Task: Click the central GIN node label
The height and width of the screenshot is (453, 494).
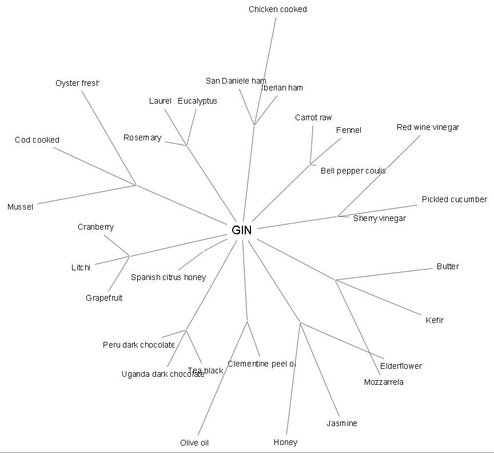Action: coord(242,230)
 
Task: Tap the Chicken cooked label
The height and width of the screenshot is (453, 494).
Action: coord(277,9)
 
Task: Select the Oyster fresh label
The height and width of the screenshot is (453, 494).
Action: coord(77,83)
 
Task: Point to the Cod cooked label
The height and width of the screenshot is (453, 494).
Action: coord(37,140)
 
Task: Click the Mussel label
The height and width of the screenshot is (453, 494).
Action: coord(20,207)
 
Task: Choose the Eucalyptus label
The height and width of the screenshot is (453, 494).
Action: coord(197,101)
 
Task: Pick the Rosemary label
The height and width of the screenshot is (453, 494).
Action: coord(142,137)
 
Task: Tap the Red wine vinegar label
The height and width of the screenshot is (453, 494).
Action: coord(428,127)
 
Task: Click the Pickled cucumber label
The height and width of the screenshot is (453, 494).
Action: coord(454,199)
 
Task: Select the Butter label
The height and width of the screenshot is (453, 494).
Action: coord(448,266)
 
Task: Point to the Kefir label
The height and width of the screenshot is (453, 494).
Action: coord(435,320)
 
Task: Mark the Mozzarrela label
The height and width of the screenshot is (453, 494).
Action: coord(384,382)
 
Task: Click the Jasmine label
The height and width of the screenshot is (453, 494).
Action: coord(342,423)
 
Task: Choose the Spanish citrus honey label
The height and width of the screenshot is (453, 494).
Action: coord(168,277)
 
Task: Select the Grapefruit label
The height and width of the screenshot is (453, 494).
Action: coord(104,298)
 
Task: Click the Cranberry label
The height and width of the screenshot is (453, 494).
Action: coord(95,227)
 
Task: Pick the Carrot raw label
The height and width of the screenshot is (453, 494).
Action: coord(313,117)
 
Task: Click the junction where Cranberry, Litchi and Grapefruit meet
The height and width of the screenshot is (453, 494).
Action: coord(129,256)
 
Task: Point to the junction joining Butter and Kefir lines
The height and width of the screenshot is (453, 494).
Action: coord(336,280)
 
